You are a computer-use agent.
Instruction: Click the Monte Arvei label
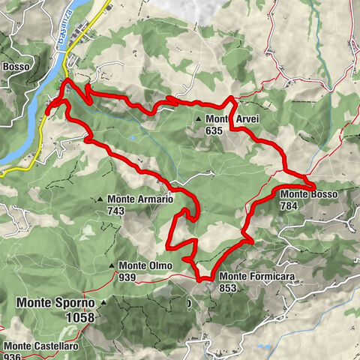(x=226, y=119)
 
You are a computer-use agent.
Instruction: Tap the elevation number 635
(x=214, y=130)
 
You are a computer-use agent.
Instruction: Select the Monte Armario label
(x=140, y=199)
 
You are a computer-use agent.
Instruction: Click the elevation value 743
(x=115, y=211)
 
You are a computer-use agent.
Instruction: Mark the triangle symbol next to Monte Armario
(x=100, y=199)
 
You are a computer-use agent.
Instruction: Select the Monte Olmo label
(x=145, y=265)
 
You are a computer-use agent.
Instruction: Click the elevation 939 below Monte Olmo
(x=127, y=277)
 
